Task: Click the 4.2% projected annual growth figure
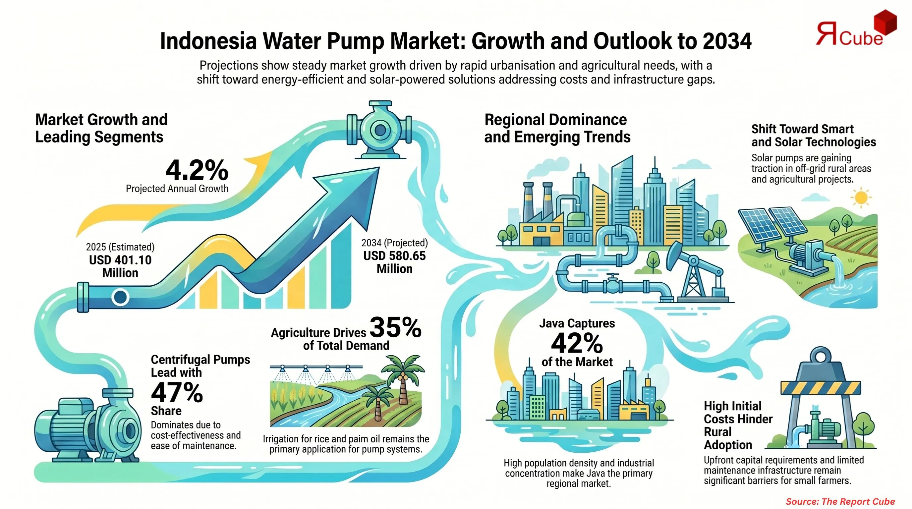(197, 171)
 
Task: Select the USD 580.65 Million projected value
(394, 262)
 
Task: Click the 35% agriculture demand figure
(395, 327)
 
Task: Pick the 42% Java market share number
(577, 343)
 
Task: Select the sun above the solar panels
(861, 198)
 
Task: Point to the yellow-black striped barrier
(820, 388)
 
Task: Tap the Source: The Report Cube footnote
(840, 501)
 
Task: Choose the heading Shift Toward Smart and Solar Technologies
(813, 135)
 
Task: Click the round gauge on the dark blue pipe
(120, 297)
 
